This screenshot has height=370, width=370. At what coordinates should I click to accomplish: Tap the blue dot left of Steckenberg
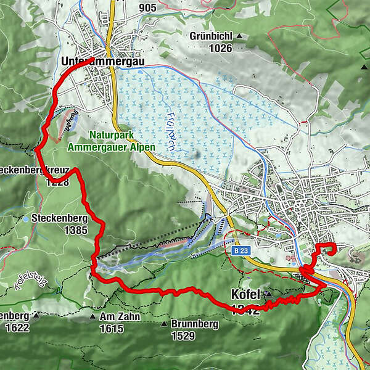click(27, 218)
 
